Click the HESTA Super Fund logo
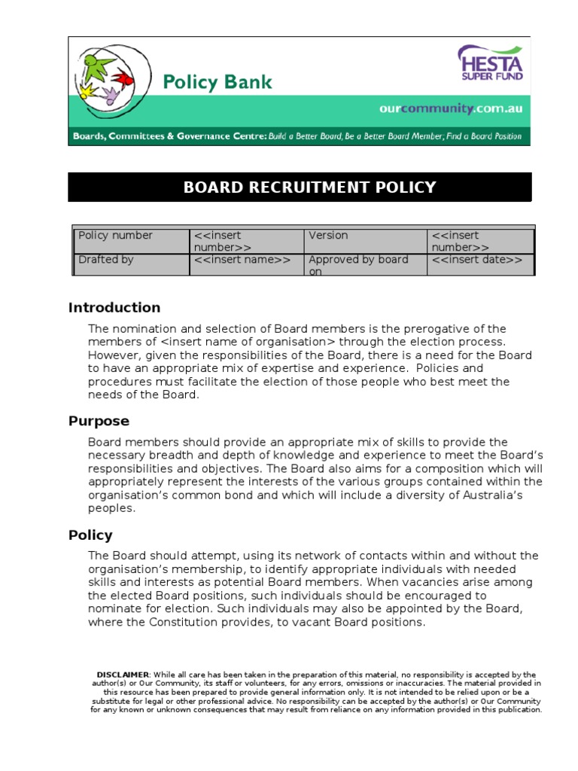tap(490, 64)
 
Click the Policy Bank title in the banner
tap(218, 82)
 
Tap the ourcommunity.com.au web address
tap(450, 109)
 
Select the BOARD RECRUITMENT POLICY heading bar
tap(300, 187)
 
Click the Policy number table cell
tap(116, 236)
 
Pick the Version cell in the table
tap(328, 236)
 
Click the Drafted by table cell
tap(107, 260)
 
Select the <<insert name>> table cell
tap(242, 260)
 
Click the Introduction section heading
tap(114, 307)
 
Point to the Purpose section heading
tap(99, 421)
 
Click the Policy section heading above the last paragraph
tap(90, 535)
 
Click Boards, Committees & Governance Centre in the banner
tap(169, 136)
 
